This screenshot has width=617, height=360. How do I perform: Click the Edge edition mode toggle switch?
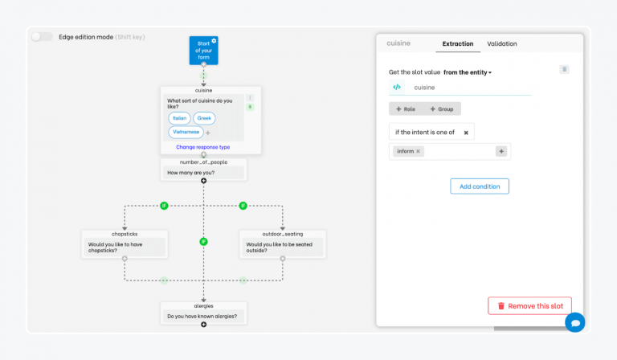coord(42,37)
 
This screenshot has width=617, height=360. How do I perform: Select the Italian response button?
coord(179,118)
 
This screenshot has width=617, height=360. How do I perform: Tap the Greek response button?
coord(204,118)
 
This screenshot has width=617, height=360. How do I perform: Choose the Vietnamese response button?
coord(186,133)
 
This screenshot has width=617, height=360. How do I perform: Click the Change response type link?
coord(203,147)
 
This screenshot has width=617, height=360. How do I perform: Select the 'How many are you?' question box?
coord(203,172)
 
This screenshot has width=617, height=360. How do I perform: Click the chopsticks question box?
coord(125,247)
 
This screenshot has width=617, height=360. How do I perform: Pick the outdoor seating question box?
coord(283,247)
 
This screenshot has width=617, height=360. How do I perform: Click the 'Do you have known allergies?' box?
coord(203,317)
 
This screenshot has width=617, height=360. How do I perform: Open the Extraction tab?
coord(458,43)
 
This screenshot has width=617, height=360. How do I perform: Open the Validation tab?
coord(502,43)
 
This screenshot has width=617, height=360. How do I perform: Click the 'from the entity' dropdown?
coord(468,72)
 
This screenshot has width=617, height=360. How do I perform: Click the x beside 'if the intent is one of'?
coord(466,133)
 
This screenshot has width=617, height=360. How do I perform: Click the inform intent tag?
coord(409,151)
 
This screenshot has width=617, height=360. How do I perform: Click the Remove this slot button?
coord(530,305)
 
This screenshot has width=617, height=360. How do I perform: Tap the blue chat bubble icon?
coord(575,322)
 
